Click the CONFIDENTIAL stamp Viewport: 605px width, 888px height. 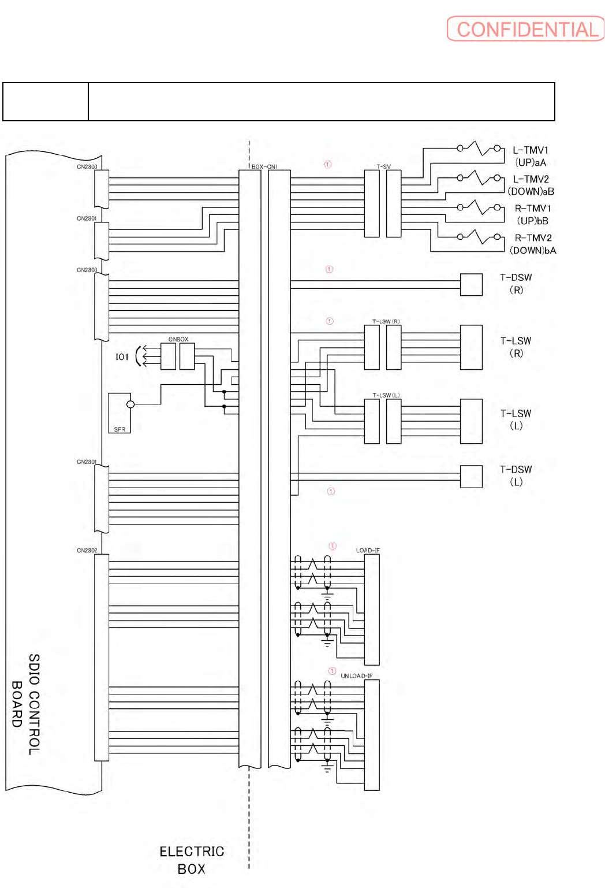tap(525, 29)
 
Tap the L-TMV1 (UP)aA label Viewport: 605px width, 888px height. tap(531, 156)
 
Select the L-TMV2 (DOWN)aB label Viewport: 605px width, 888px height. tap(531, 185)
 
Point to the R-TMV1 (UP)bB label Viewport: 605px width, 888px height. tap(532, 214)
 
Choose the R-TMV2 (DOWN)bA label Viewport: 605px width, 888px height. tap(532, 244)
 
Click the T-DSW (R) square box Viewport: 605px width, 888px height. tap(471, 285)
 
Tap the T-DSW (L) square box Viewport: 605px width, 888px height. tap(471, 477)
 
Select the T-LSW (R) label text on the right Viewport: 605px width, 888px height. tap(516, 347)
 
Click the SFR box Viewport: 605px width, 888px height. tap(119, 413)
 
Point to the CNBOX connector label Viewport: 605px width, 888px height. tap(178, 339)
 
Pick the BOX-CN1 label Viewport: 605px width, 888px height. tap(264, 167)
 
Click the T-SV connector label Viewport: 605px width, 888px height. tap(384, 167)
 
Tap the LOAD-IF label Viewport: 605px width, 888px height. tap(368, 550)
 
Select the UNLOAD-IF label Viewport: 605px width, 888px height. tap(356, 675)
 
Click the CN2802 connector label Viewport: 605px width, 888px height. tap(87, 551)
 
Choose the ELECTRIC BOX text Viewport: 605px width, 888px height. tap(192, 860)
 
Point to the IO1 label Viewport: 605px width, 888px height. tap(122, 357)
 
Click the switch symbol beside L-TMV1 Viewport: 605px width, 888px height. tap(479, 148)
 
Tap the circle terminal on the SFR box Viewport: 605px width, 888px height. tap(130, 404)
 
